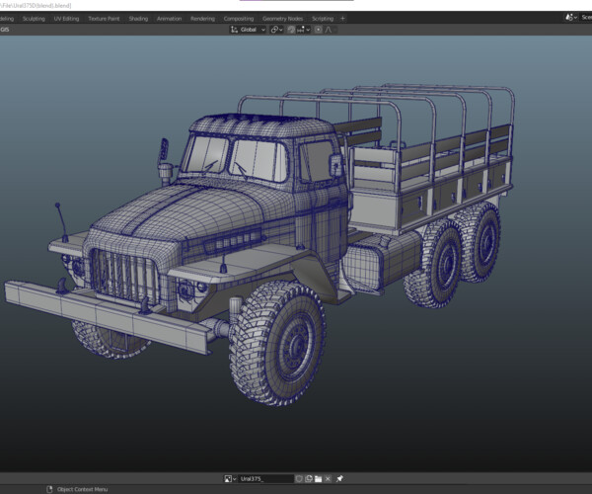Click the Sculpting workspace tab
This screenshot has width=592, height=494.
[x=35, y=18]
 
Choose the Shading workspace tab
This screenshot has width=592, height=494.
[x=138, y=18]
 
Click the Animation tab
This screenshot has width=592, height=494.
[x=169, y=18]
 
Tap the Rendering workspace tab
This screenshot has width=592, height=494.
[x=202, y=18]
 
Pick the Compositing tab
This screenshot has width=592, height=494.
[x=238, y=18]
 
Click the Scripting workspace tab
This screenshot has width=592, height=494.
[x=322, y=18]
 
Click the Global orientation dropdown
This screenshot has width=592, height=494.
[x=249, y=30]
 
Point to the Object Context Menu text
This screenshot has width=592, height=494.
[x=82, y=489]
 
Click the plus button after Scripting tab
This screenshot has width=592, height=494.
[x=342, y=18]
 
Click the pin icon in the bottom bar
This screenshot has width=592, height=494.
[x=338, y=478]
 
